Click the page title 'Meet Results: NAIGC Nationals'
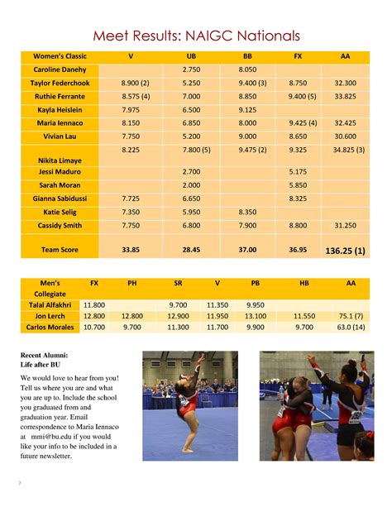pos(196,36)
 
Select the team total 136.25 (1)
pos(346,249)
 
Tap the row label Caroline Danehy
pos(60,70)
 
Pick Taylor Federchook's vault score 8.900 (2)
pos(135,84)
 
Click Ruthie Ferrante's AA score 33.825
pos(345,96)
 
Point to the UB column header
pos(191,56)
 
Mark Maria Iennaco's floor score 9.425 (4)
pos(302,122)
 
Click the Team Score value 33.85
pos(131,249)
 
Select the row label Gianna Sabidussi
pos(60,198)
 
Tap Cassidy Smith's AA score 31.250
pos(345,225)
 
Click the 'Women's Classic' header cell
pos(60,56)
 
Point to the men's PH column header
pos(132,284)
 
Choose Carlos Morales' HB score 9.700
pos(304,328)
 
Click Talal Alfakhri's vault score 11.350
pos(217,304)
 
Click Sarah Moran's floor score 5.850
pos(299,185)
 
